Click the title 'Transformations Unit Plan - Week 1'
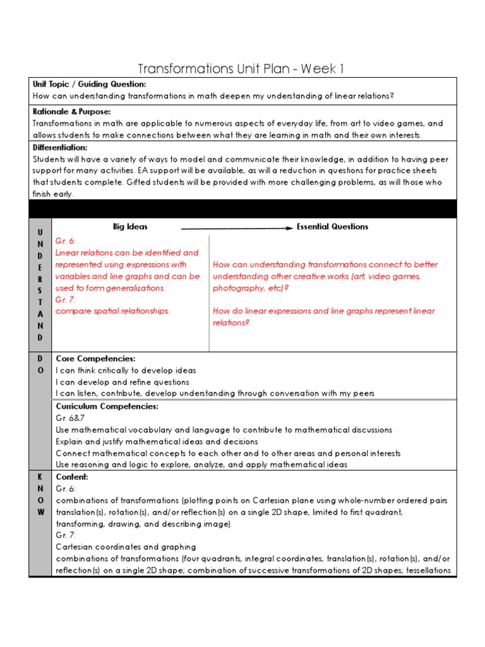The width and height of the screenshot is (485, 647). (x=242, y=68)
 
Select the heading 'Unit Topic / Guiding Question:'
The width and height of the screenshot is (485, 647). (x=89, y=84)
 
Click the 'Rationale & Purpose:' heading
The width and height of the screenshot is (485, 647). (x=71, y=112)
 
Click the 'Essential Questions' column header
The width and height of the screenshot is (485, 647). (x=332, y=227)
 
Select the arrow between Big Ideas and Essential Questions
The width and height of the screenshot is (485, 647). (x=237, y=227)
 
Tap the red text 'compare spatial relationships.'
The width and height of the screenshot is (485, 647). (x=112, y=311)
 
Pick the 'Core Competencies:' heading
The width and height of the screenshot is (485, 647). (x=95, y=358)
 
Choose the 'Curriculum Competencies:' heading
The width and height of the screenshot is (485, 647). (x=107, y=406)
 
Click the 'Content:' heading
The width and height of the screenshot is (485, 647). (x=72, y=477)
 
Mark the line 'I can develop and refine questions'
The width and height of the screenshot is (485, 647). (x=122, y=382)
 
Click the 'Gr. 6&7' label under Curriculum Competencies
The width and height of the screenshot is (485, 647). (x=69, y=418)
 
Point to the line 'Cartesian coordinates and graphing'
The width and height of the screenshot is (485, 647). (x=126, y=547)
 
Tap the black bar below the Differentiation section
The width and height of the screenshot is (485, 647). (x=242, y=209)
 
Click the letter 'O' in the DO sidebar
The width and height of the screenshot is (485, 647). (x=40, y=371)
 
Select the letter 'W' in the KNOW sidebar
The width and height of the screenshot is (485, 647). (x=40, y=512)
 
